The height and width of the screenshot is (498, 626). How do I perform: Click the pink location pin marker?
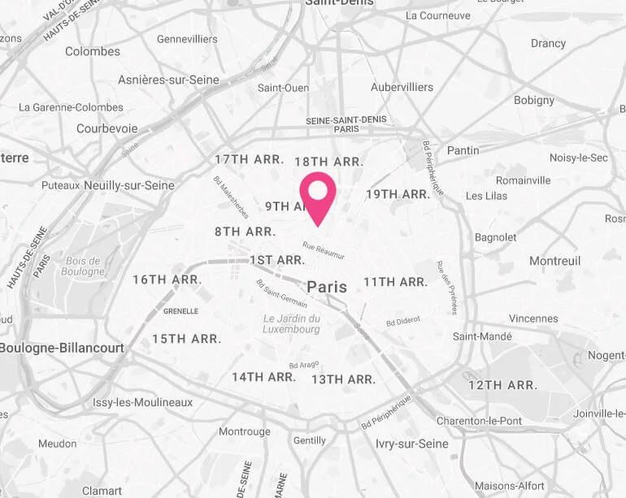pos(318,195)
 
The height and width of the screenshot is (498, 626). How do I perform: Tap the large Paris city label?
pos(327,287)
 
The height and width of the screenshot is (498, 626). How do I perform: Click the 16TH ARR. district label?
pos(167,279)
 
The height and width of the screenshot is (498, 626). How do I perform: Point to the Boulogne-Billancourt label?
pos(62,348)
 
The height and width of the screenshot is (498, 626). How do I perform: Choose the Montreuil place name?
pos(554,261)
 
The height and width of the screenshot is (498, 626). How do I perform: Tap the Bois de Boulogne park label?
pos(84,266)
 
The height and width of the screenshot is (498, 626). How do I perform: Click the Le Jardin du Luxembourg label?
pos(292,324)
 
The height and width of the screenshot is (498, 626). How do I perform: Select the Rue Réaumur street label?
pos(324,251)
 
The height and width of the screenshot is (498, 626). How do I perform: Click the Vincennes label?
pos(533,318)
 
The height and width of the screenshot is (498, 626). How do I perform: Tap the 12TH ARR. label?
pos(502,385)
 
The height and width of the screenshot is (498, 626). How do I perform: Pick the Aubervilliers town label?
pos(402,87)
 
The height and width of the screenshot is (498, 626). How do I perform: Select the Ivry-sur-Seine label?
pos(412,444)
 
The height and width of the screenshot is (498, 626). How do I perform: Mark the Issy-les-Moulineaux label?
pos(142,402)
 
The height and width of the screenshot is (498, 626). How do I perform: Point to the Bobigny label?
pos(534,101)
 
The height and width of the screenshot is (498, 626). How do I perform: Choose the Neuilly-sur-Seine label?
pos(128,185)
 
